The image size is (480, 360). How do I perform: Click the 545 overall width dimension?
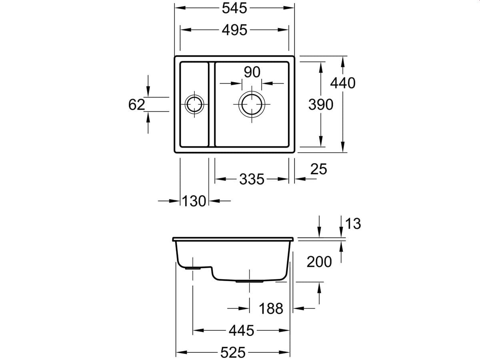[234, 8]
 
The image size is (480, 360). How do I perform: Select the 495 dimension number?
[234, 30]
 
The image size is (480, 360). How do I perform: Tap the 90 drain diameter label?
[252, 72]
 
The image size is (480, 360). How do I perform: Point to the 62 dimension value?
[136, 105]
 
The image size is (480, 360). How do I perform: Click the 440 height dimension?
[342, 83]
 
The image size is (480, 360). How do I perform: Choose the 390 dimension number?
[320, 105]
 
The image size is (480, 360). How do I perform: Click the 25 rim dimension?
[318, 170]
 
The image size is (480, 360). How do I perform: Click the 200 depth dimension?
[319, 262]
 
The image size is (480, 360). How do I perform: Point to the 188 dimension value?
[271, 308]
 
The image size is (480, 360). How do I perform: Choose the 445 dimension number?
[241, 330]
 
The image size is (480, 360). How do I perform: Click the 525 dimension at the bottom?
[232, 352]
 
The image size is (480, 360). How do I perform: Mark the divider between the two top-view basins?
[212, 104]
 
